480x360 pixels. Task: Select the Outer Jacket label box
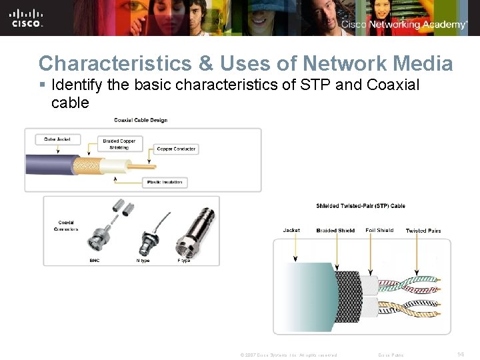click(57, 139)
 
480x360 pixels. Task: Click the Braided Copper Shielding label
click(119, 143)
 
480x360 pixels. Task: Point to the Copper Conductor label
click(176, 149)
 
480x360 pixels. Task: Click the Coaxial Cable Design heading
click(141, 120)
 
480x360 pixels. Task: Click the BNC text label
click(95, 261)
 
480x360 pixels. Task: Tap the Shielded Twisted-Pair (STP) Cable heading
click(361, 206)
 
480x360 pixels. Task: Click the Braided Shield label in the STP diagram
click(336, 231)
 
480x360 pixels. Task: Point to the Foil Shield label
click(379, 231)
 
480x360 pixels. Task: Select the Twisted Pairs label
click(423, 231)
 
